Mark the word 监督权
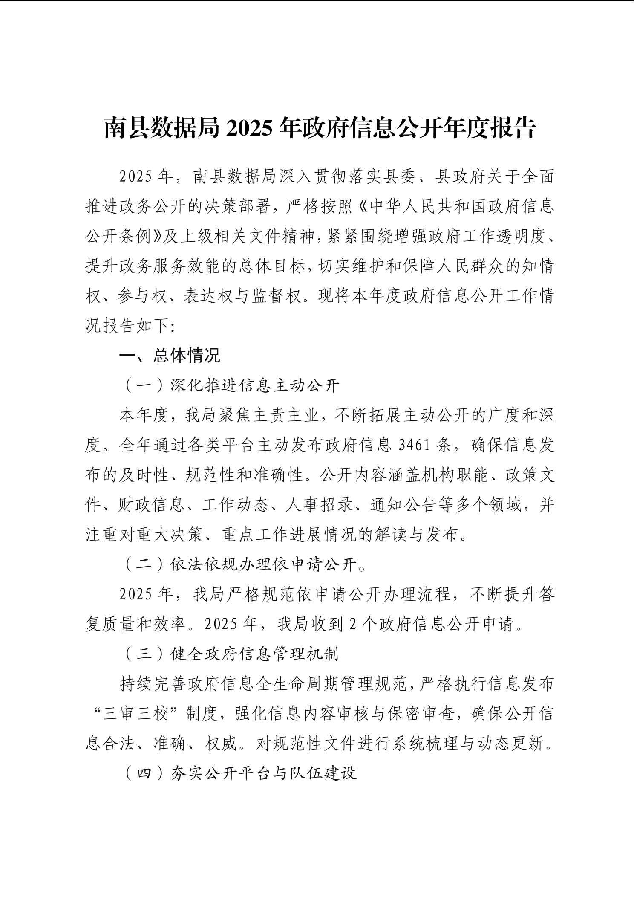click(277, 296)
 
